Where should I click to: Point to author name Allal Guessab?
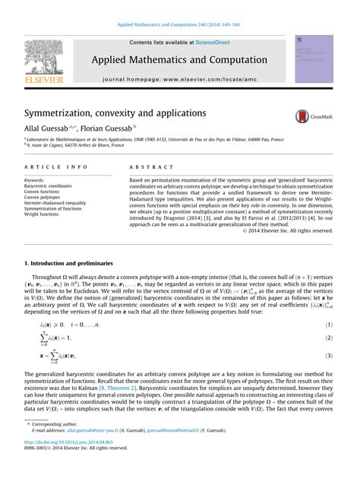tap(54, 128)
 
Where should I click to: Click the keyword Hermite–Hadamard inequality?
tap(61, 203)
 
